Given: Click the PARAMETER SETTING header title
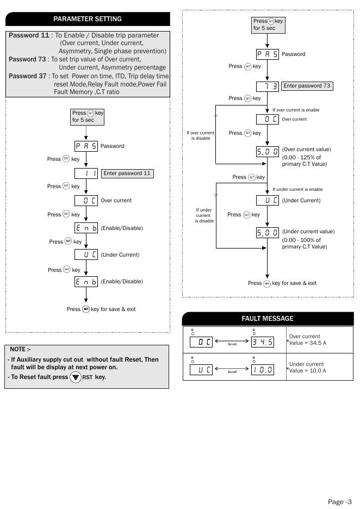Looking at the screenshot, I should click(87, 19).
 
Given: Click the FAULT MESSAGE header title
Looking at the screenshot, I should click(267, 319).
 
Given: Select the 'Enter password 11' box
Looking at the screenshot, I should click(127, 173).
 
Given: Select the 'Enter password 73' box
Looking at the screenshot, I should click(307, 86).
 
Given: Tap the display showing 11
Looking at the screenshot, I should click(86, 173).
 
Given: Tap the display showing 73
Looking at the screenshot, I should click(267, 86).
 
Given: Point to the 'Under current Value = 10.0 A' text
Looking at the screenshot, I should click(308, 367).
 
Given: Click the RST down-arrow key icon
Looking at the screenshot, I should click(75, 377).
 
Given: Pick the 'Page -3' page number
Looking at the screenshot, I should click(340, 501).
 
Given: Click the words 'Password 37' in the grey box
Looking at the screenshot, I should click(28, 76).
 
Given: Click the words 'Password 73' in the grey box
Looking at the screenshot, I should click(28, 59).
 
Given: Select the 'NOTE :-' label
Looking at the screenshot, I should click(21, 349).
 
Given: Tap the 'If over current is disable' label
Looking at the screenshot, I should click(200, 135).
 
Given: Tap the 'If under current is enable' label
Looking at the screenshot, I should click(297, 189).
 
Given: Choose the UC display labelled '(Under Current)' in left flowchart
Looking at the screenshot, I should click(86, 254).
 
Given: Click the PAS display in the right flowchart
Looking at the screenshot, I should click(267, 54).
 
